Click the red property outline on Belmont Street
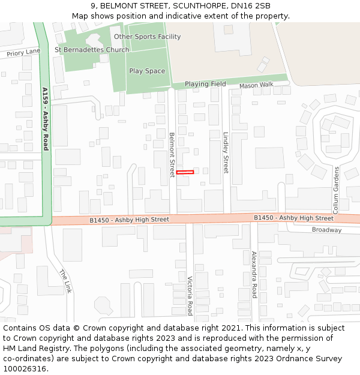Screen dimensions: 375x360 pyautogui.click(x=185, y=172)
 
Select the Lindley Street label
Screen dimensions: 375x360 pyautogui.click(x=226, y=152)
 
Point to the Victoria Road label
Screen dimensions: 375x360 pyautogui.click(x=190, y=295)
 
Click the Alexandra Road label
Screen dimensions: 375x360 pyautogui.click(x=254, y=274)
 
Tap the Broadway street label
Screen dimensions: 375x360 pyautogui.click(x=326, y=230)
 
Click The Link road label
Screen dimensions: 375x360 pyautogui.click(x=65, y=281)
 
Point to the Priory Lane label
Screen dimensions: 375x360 pyautogui.click(x=23, y=53)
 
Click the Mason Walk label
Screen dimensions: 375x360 pyautogui.click(x=256, y=85)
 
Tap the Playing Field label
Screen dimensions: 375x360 pyautogui.click(x=205, y=84)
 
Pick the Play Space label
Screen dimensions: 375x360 pyautogui.click(x=147, y=71)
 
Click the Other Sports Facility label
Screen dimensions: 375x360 pyautogui.click(x=147, y=37)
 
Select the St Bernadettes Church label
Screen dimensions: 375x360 pyautogui.click(x=92, y=49)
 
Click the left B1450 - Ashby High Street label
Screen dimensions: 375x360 pyautogui.click(x=129, y=220)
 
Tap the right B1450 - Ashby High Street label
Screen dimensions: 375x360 pyautogui.click(x=293, y=218)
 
